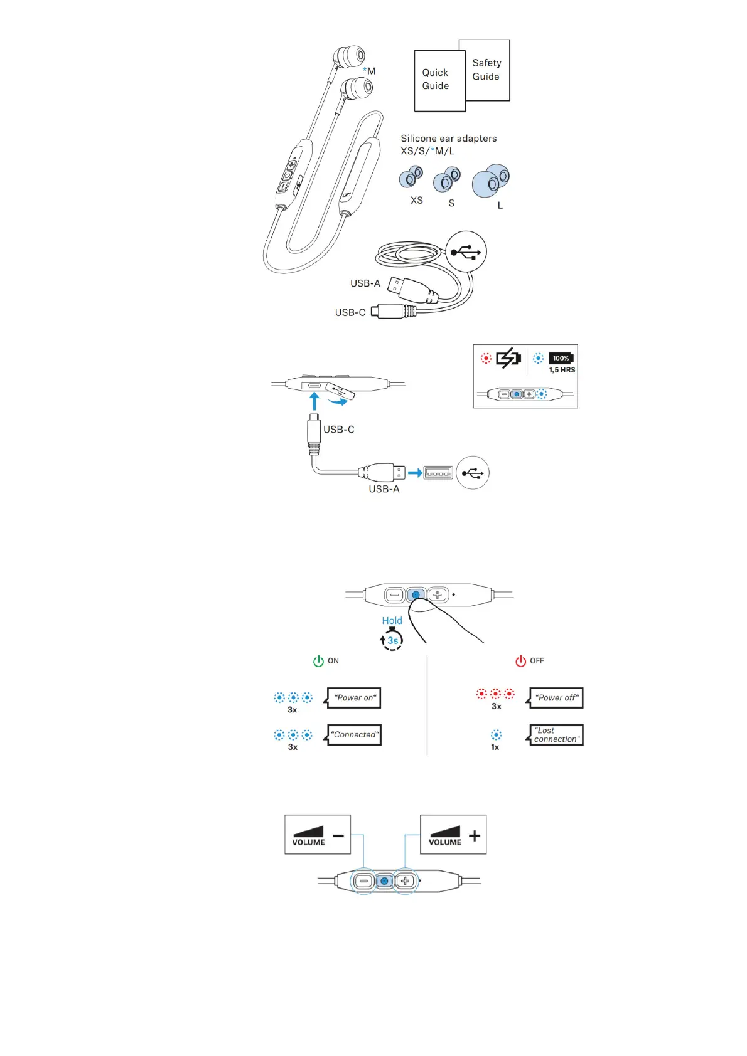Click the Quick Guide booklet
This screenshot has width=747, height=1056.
[439, 80]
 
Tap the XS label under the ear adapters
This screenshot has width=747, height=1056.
[416, 201]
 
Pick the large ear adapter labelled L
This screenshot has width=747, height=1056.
[491, 181]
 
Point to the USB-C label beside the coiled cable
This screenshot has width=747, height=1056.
[350, 312]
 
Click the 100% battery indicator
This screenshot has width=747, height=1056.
[561, 358]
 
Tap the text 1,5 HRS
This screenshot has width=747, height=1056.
[562, 370]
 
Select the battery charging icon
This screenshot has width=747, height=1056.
[508, 358]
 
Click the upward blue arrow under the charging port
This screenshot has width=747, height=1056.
[314, 401]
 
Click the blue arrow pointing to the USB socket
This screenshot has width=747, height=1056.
[414, 473]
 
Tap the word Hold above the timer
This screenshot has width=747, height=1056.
[392, 620]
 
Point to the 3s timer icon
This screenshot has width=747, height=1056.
[392, 640]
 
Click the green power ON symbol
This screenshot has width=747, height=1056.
[318, 661]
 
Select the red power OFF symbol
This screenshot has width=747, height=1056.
[520, 661]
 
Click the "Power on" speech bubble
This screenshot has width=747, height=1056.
[355, 698]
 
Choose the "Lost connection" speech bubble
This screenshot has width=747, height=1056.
[556, 735]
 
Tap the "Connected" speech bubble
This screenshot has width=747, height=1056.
[355, 735]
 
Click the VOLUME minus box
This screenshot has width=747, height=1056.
[317, 835]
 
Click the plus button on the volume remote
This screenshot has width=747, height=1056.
[406, 881]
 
